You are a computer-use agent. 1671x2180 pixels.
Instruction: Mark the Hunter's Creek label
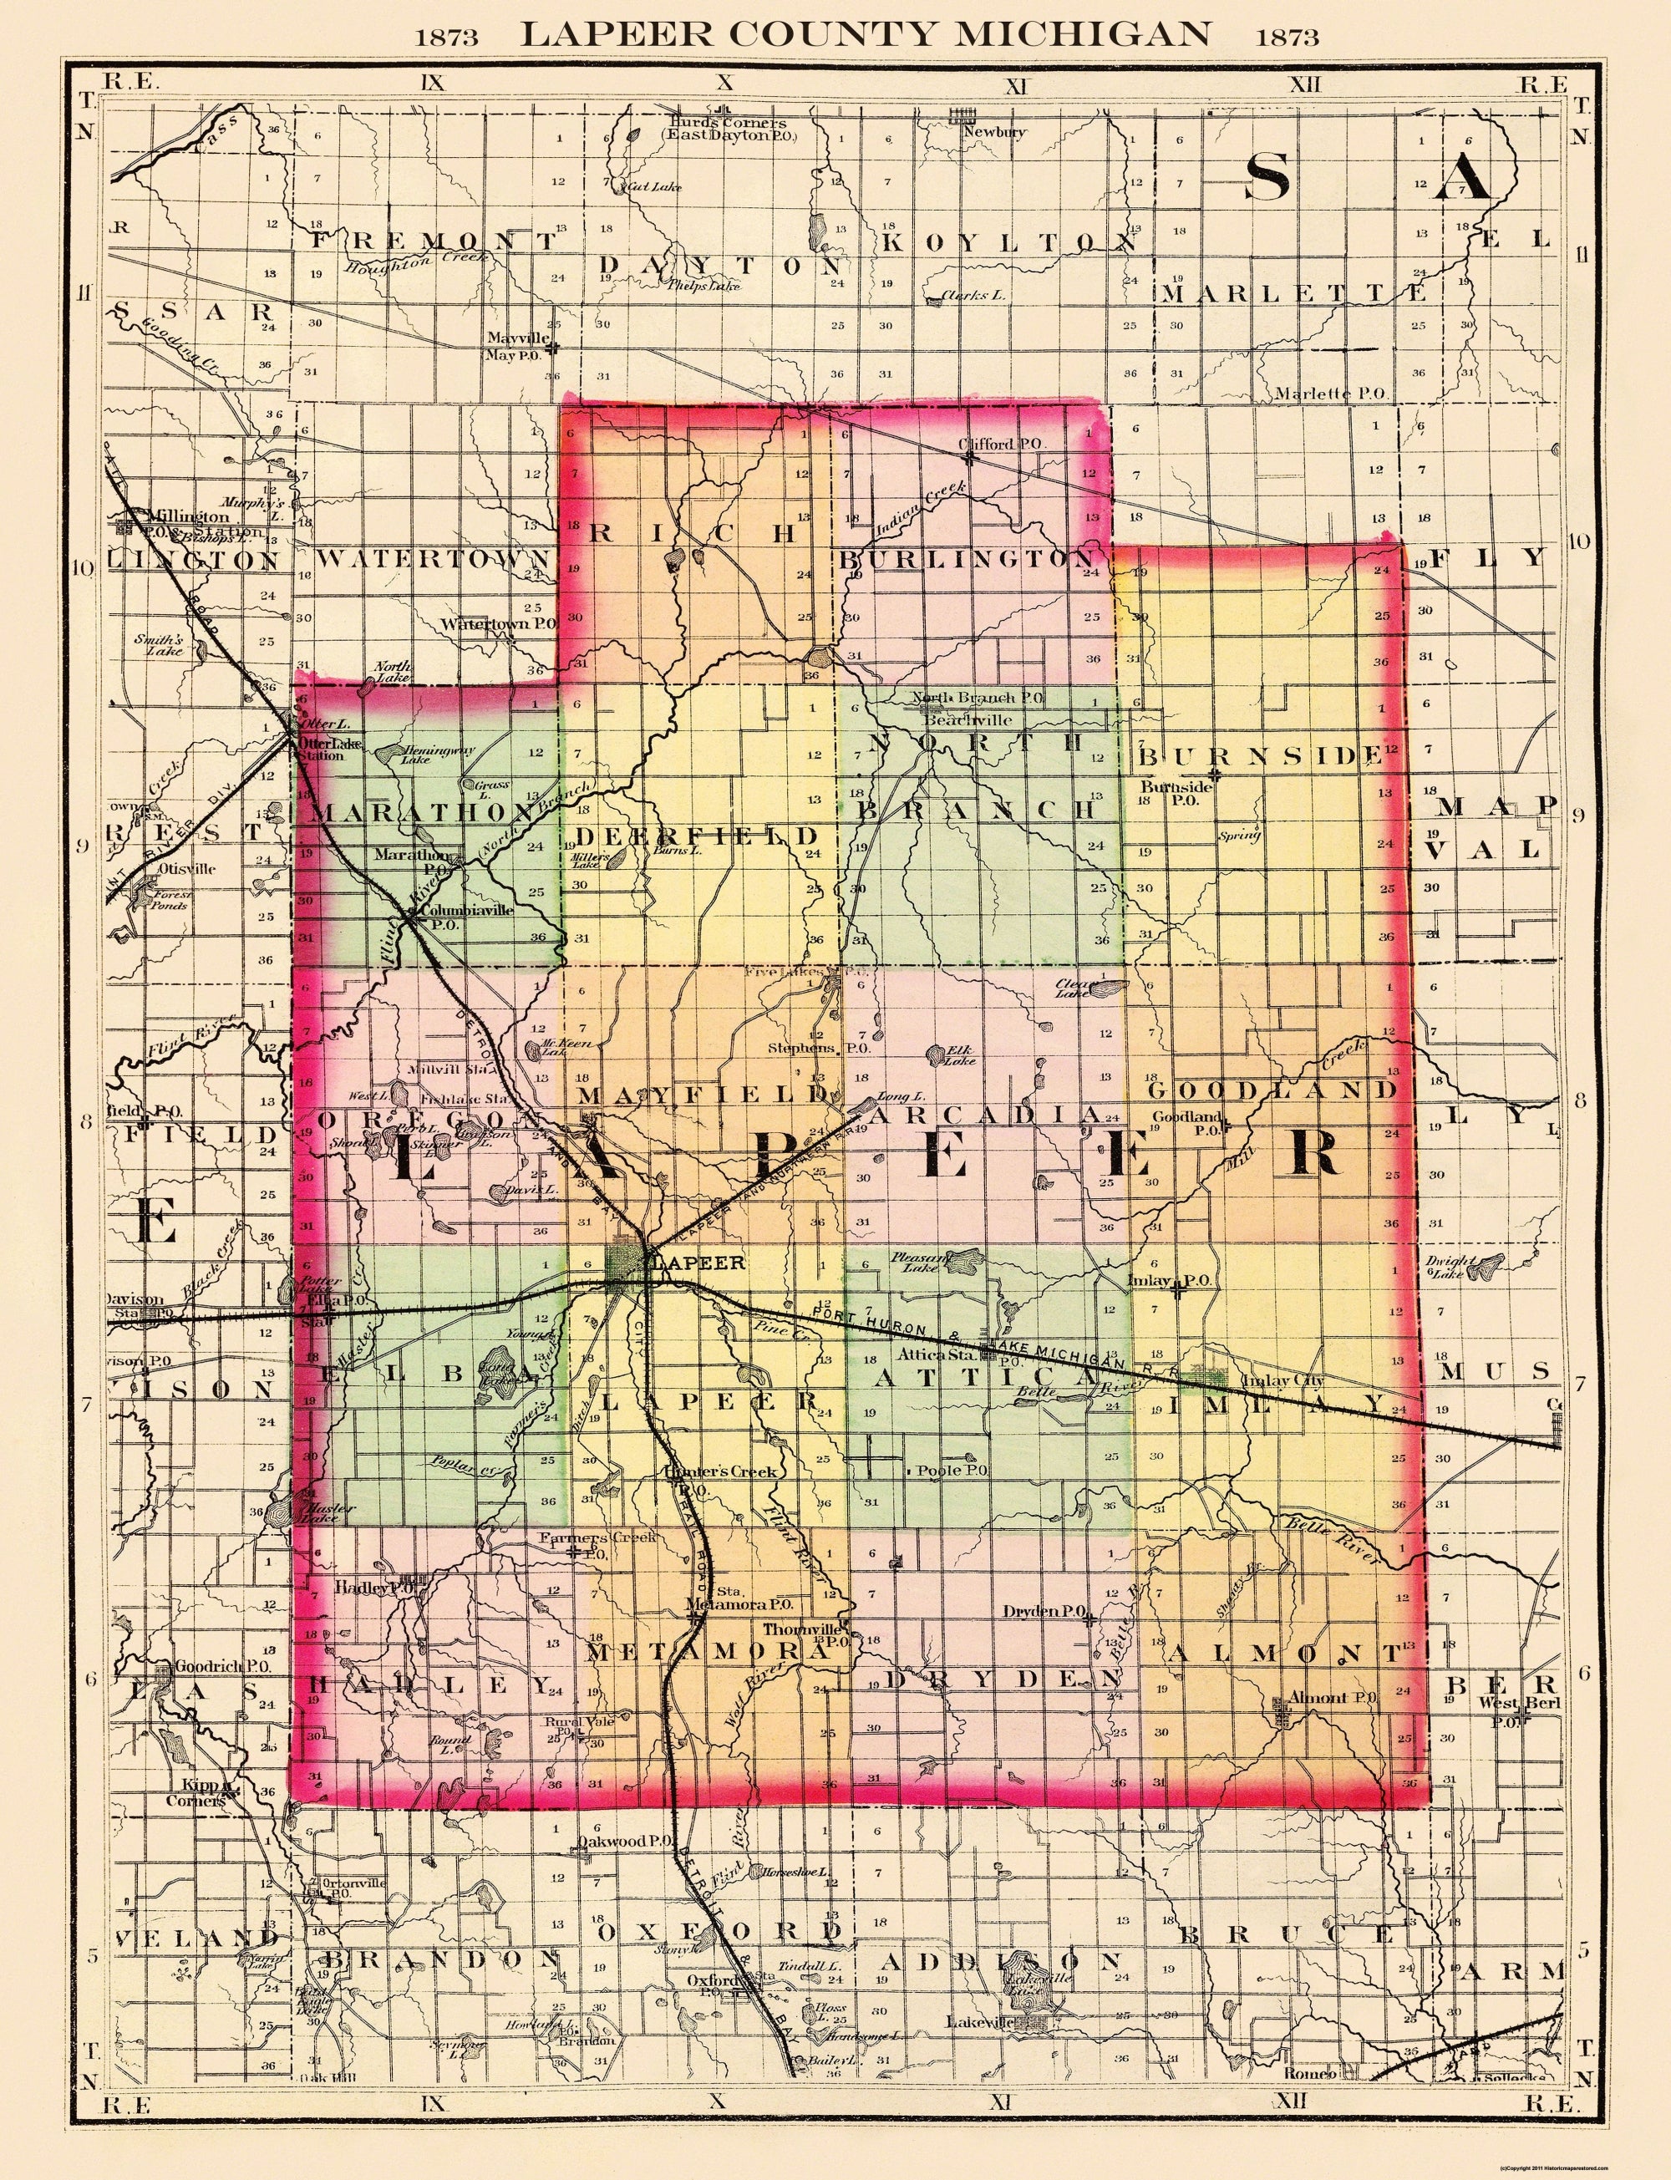point(720,1471)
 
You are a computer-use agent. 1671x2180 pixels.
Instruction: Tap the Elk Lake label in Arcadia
point(961,1054)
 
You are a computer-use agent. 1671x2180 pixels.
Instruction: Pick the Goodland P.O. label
point(1186,1123)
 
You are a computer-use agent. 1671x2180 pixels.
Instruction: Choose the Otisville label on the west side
point(178,867)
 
